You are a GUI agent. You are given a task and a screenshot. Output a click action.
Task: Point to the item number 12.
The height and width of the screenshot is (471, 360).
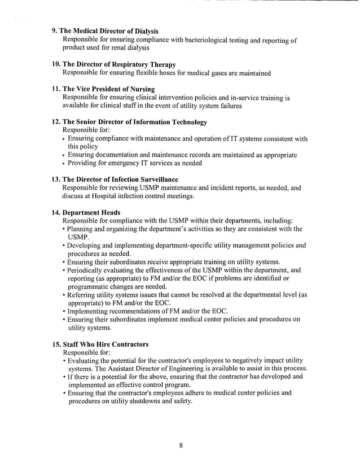click(56, 122)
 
